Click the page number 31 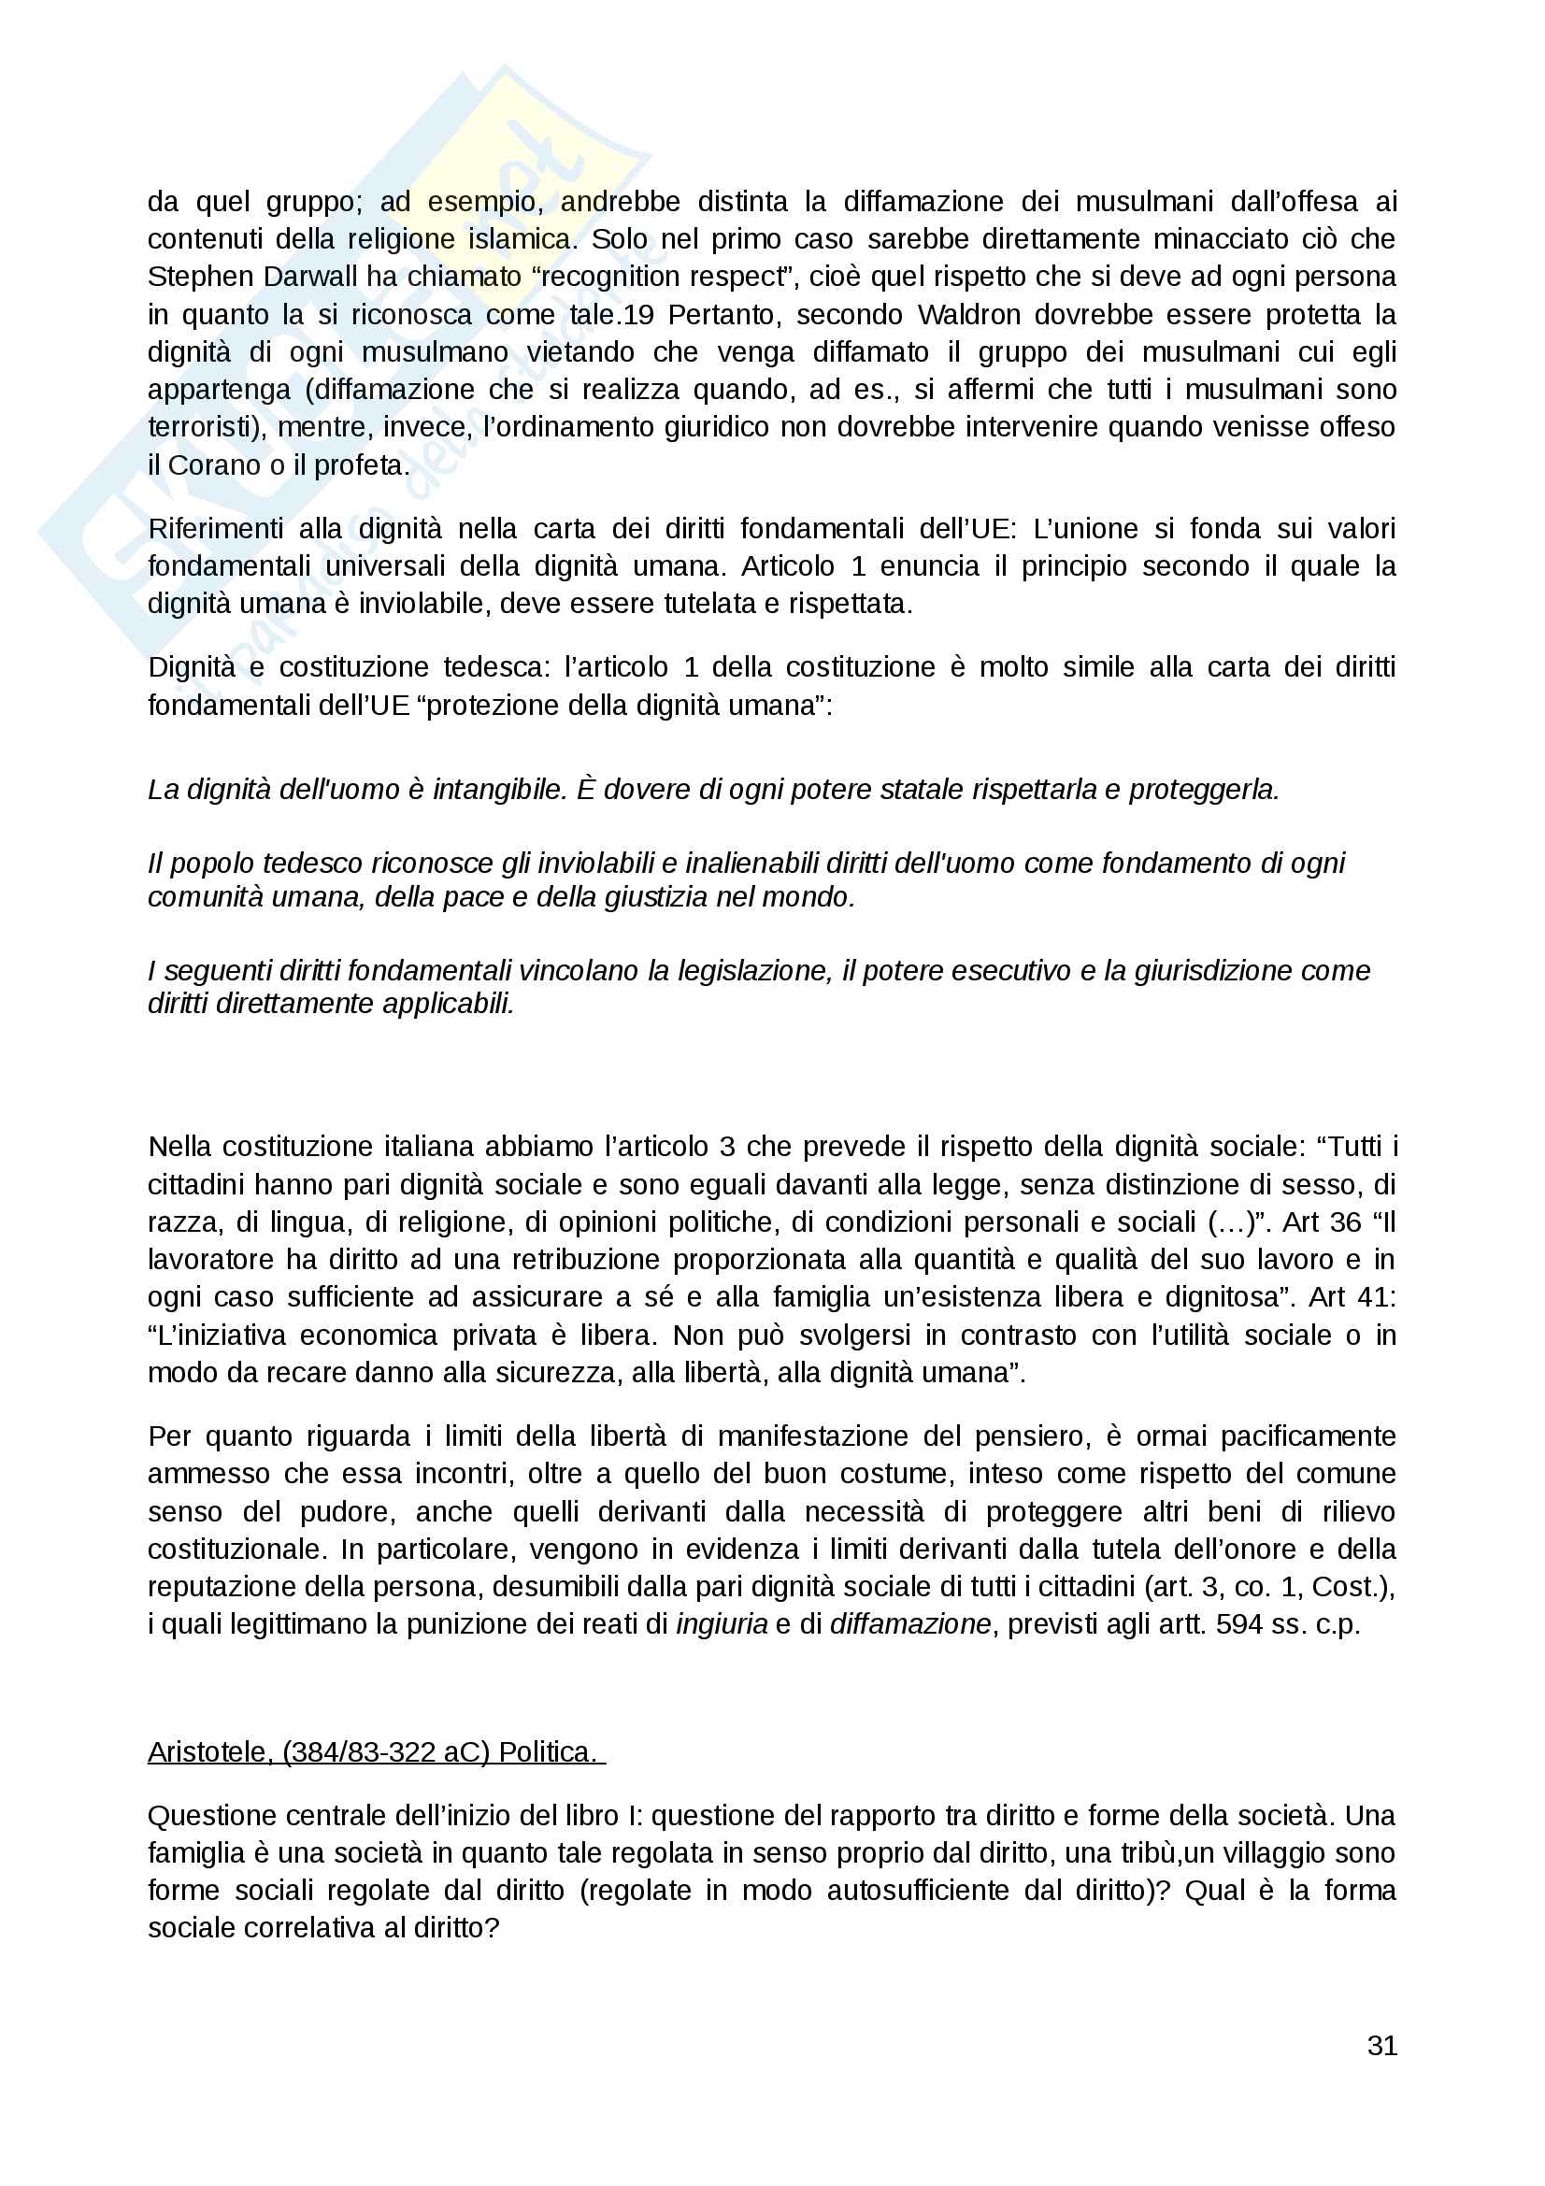point(1381,2045)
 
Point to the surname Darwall point(305,277)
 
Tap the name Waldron point(968,314)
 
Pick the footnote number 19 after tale point(637,314)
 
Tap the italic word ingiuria point(722,1623)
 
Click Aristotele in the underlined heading point(210,1751)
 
